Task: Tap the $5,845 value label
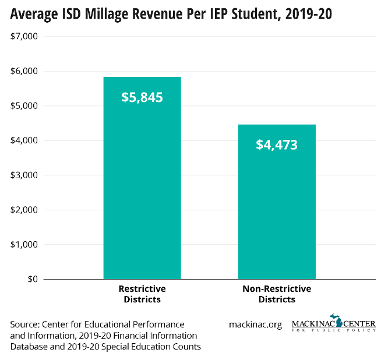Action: pyautogui.click(x=142, y=97)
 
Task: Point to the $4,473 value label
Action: pyautogui.click(x=277, y=144)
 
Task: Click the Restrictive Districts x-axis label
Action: pyautogui.click(x=142, y=294)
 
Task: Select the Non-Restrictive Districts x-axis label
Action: pyautogui.click(x=277, y=294)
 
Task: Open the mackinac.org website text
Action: pyautogui.click(x=256, y=324)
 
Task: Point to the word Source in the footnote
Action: pyautogui.click(x=25, y=324)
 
